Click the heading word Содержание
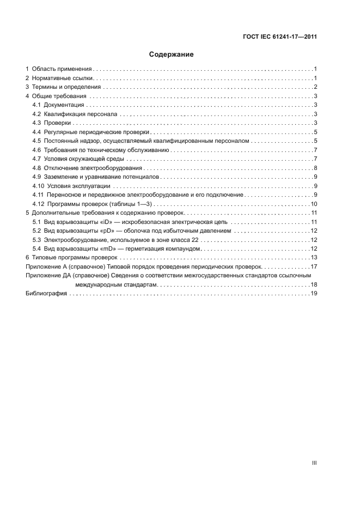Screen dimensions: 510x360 [172, 54]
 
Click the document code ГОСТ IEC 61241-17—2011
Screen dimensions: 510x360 [280, 37]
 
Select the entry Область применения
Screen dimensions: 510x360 [62, 69]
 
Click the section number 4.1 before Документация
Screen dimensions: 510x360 [36, 105]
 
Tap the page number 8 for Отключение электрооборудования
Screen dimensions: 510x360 [315, 167]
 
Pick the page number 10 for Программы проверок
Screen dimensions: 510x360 [314, 203]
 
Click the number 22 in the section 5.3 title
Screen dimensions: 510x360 [195, 239]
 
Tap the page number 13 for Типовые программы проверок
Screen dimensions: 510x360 [314, 257]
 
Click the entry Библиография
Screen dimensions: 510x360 [46, 293]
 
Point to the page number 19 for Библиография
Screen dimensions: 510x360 [314, 293]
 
